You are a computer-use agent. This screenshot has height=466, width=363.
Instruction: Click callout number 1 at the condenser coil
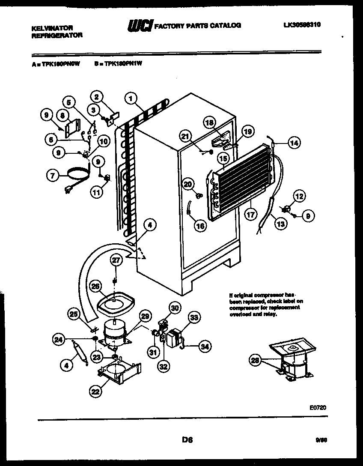click(x=131, y=99)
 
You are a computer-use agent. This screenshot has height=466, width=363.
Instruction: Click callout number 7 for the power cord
click(x=53, y=175)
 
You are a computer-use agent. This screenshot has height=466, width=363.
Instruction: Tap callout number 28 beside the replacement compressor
click(x=256, y=361)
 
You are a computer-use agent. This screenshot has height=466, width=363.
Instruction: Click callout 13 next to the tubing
click(x=281, y=223)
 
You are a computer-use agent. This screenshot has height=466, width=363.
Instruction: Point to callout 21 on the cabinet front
click(x=185, y=137)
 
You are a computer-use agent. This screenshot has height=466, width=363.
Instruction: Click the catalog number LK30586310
click(x=302, y=25)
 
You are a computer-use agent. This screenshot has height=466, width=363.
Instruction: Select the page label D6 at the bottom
click(x=187, y=439)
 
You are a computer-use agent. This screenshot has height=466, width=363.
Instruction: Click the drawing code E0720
click(x=319, y=409)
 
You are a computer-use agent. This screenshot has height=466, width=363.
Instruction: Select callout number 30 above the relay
click(x=174, y=307)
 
